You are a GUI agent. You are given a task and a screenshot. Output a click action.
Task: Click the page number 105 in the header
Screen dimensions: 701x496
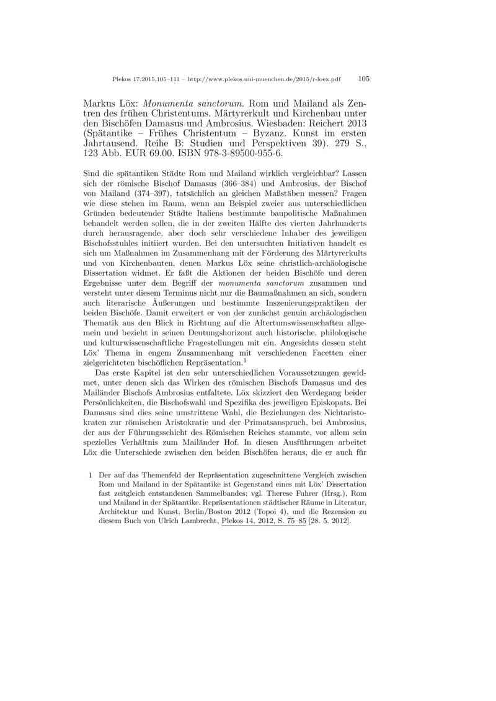click(x=364, y=79)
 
